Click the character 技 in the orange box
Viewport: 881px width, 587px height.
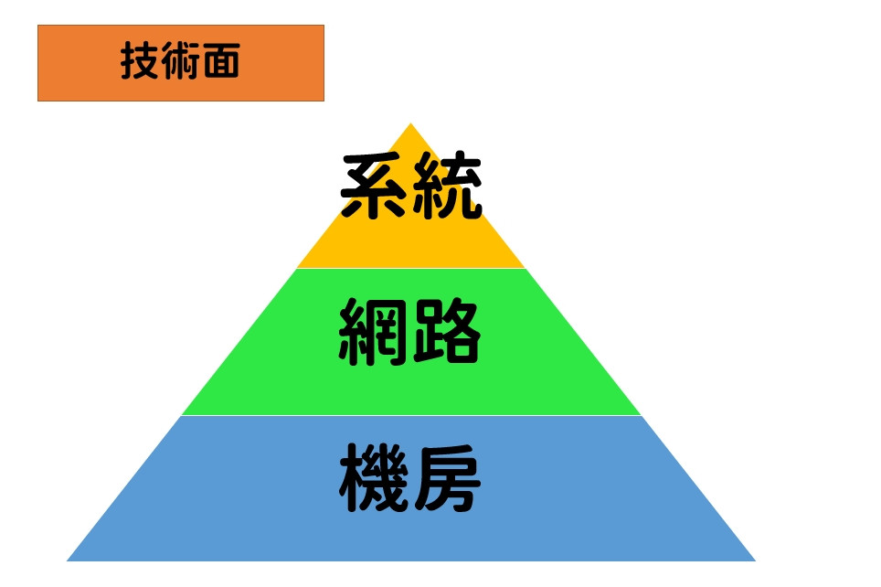click(140, 62)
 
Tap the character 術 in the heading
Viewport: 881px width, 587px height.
click(180, 62)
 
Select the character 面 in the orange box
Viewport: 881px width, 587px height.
click(220, 62)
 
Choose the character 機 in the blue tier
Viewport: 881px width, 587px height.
click(375, 480)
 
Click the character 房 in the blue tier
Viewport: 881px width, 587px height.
click(446, 480)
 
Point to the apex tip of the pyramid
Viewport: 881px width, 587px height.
click(410, 124)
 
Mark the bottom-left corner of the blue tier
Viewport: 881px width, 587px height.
click(68, 560)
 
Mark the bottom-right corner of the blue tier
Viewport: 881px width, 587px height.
click(755, 560)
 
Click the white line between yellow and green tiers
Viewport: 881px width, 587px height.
click(411, 268)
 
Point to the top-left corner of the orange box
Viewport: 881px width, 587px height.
click(38, 26)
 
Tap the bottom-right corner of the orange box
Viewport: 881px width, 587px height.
click(324, 100)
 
